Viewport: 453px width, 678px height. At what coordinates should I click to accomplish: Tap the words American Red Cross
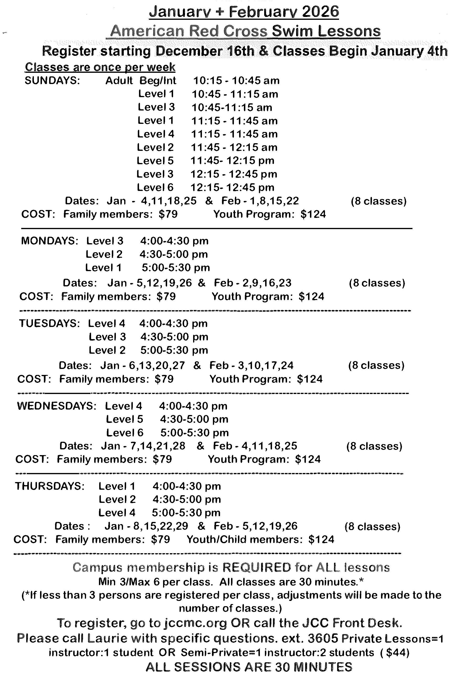point(189,31)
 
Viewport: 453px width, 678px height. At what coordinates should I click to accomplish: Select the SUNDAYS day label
point(52,80)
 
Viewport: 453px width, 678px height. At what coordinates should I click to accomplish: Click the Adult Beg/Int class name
point(141,80)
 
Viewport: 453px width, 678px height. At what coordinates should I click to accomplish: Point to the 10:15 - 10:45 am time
point(236,80)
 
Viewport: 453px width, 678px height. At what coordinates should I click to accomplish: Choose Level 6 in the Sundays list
point(155,187)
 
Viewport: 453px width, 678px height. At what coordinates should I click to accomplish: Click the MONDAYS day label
point(49,241)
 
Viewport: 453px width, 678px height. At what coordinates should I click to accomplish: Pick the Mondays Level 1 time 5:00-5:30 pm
point(176,268)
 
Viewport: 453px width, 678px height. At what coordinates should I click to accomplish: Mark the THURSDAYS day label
point(50,486)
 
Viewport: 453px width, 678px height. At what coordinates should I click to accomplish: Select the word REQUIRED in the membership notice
point(257,567)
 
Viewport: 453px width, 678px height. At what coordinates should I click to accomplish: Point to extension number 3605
point(323,638)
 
